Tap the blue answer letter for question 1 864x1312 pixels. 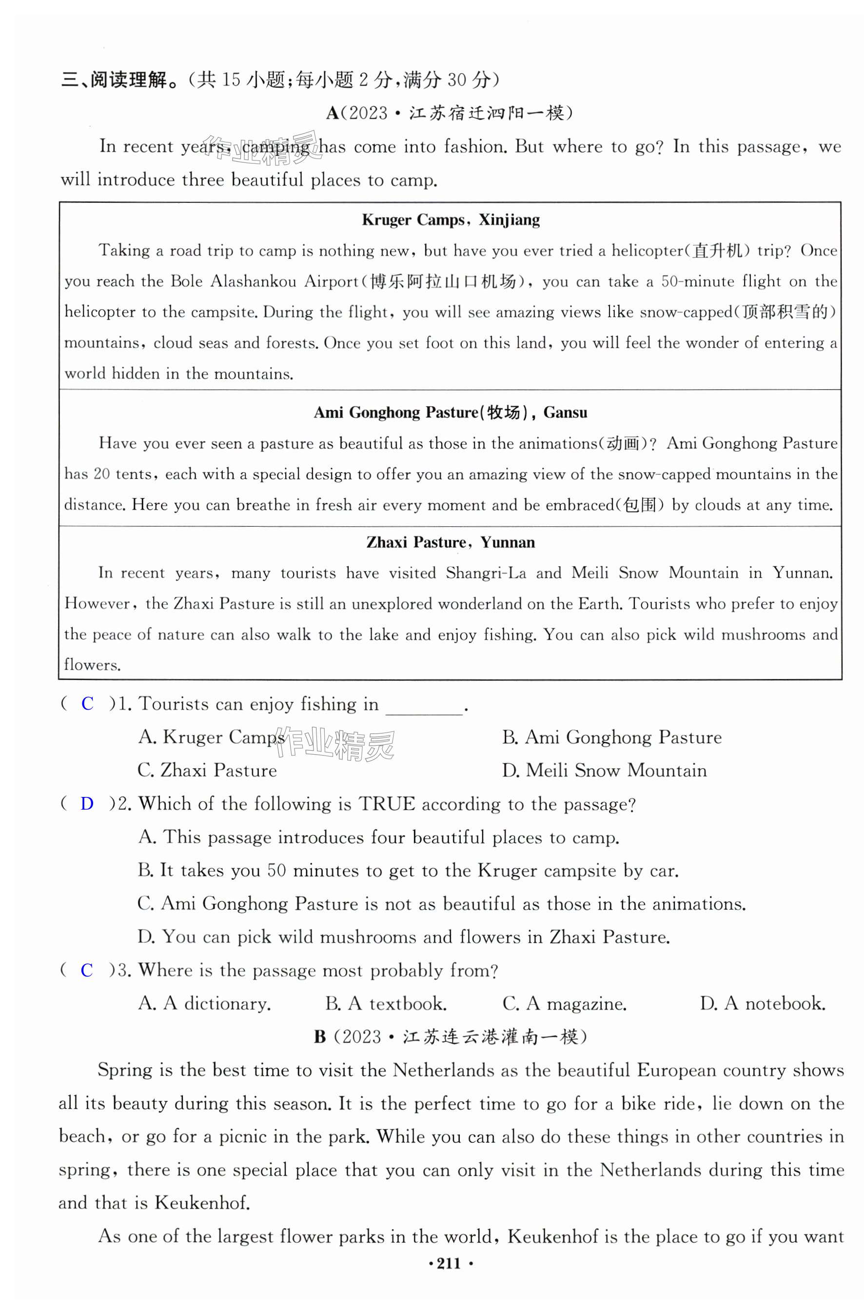coord(87,704)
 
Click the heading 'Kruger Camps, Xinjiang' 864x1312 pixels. coord(450,220)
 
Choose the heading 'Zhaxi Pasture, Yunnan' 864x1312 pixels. coord(450,542)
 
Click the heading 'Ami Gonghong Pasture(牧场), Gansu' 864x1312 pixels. coord(450,412)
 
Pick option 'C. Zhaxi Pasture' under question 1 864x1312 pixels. coord(207,770)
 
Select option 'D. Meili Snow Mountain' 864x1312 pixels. coord(604,770)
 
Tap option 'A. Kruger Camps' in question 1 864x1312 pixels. coord(211,737)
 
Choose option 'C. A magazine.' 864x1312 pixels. coord(564,1004)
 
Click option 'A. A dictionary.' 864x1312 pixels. coord(204,1004)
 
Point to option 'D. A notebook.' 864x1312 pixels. coord(763,1004)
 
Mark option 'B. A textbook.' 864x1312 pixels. coord(386,1004)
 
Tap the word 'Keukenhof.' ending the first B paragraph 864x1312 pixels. coord(202,1202)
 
